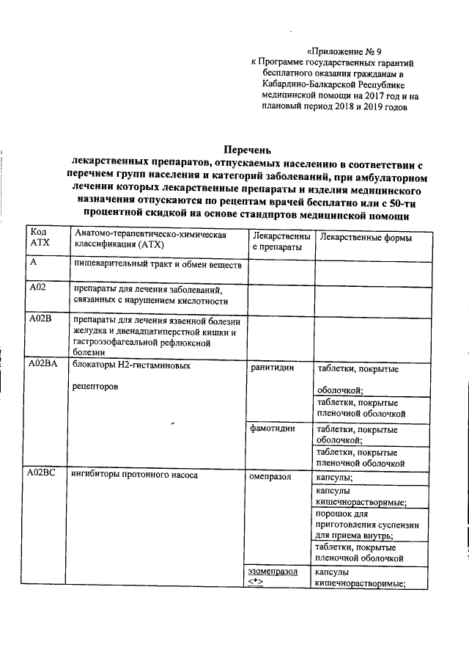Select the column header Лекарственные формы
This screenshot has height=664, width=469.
point(366,238)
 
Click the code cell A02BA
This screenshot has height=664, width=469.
point(43,364)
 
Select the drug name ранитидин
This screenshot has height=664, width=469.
point(271,368)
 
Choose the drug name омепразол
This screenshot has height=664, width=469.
point(270,477)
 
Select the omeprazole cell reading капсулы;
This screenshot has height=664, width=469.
point(332,477)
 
